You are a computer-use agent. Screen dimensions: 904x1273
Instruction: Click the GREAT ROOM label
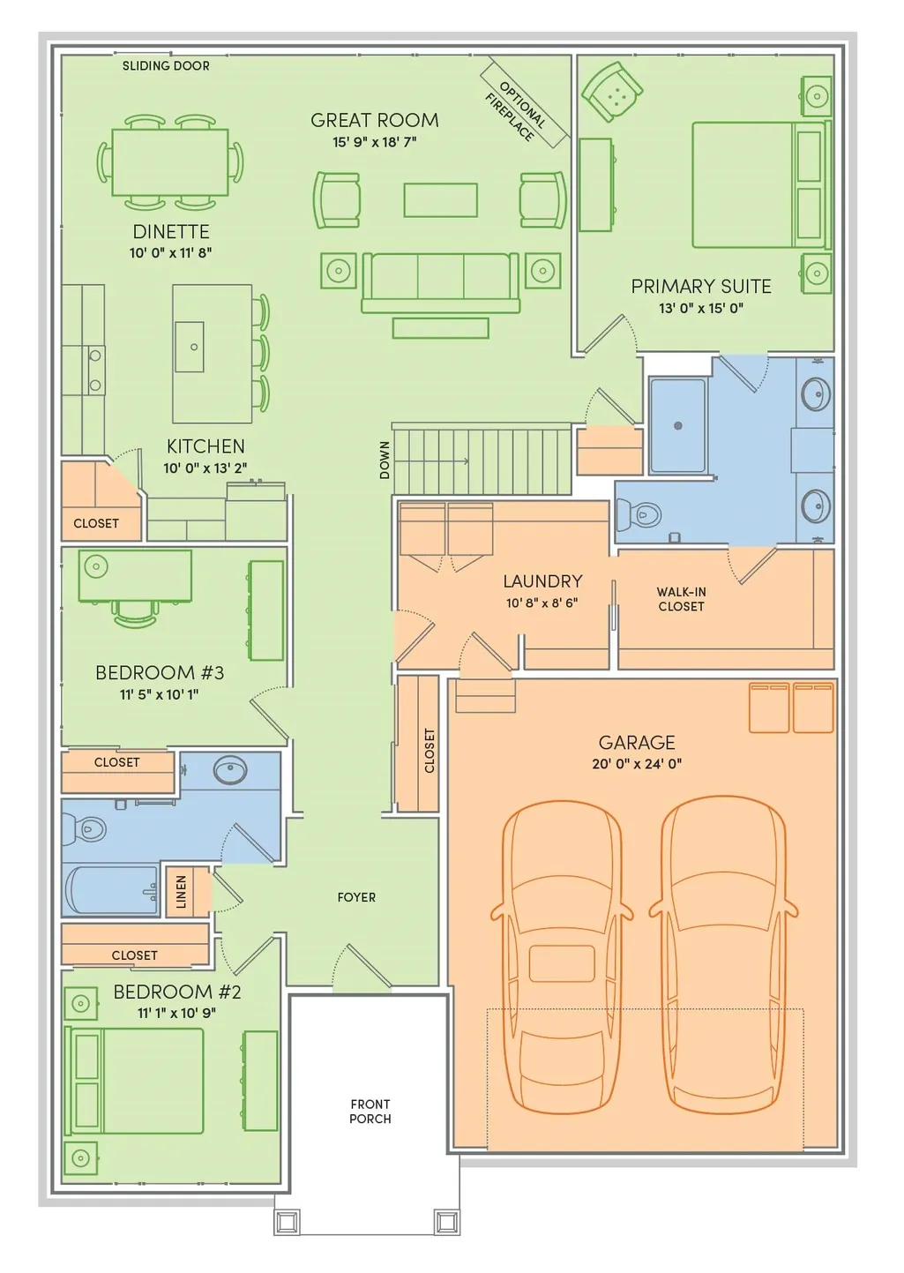point(375,120)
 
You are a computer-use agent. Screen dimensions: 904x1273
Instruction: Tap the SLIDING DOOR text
point(166,66)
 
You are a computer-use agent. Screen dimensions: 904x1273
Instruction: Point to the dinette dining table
point(170,162)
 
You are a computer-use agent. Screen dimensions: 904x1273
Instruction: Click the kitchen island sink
point(190,347)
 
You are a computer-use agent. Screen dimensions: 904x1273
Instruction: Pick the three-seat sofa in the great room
point(440,282)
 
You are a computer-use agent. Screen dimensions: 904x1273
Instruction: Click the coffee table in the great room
point(440,200)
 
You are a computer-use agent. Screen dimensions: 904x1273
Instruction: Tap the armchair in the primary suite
point(612,91)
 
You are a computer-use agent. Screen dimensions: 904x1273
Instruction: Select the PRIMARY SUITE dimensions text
point(701,308)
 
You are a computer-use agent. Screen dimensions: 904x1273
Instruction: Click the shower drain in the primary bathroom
point(678,426)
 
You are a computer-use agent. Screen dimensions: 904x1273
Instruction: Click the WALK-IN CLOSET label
point(681,599)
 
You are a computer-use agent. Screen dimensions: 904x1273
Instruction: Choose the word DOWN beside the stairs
point(385,460)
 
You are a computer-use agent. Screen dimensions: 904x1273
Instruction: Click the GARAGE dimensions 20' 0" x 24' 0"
point(637,764)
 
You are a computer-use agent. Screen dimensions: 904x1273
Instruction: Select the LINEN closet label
point(182,891)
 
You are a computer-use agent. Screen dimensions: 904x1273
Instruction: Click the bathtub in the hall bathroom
point(111,890)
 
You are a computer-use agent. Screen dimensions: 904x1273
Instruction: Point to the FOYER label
point(356,897)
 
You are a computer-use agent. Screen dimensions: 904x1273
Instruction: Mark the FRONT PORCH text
point(370,1112)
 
